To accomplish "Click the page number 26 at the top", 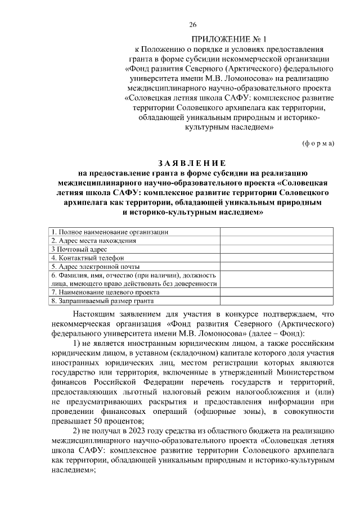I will (192, 24).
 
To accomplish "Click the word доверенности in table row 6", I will (197, 284).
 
